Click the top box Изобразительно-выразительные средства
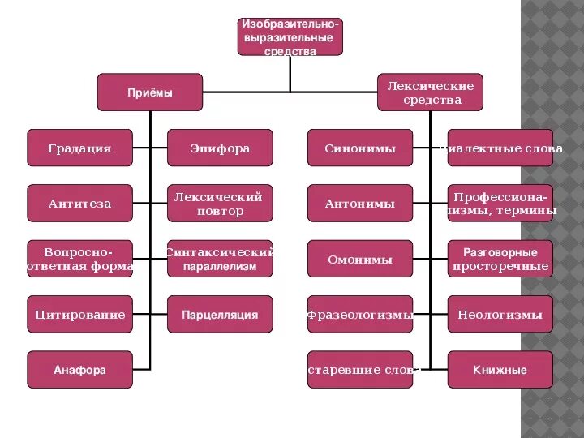pyautogui.click(x=290, y=36)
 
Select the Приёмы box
pyautogui.click(x=150, y=92)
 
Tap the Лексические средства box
pyautogui.click(x=430, y=92)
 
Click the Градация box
pyautogui.click(x=79, y=148)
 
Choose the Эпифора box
pyautogui.click(x=220, y=148)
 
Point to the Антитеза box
pyautogui.click(x=79, y=204)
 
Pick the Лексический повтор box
pyautogui.click(x=220, y=204)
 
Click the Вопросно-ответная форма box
pyautogui.click(x=79, y=259)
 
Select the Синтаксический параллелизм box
pyautogui.click(x=220, y=259)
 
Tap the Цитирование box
pyautogui.click(x=79, y=314)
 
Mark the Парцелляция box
pyautogui.click(x=220, y=314)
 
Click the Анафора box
pyautogui.click(x=79, y=370)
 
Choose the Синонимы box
pyautogui.click(x=360, y=148)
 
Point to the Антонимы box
pyautogui.click(x=360, y=204)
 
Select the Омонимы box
pyautogui.click(x=360, y=259)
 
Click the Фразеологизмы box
pyautogui.click(x=360, y=314)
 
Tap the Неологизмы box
pyautogui.click(x=500, y=314)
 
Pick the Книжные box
pyautogui.click(x=500, y=370)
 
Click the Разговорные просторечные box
pyautogui.click(x=500, y=259)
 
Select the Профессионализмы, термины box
pyautogui.click(x=500, y=204)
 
